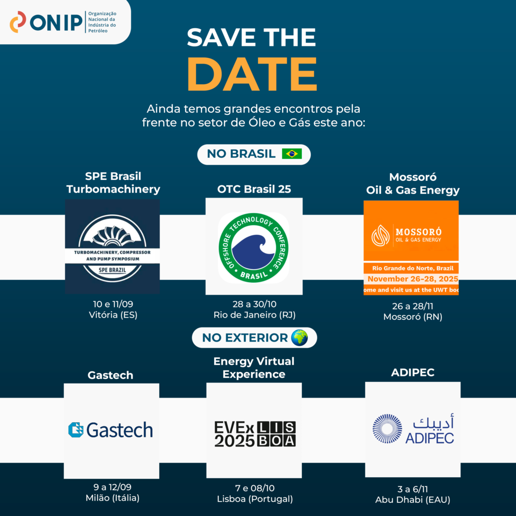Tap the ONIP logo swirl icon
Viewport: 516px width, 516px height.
point(18,22)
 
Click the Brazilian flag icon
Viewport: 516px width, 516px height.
point(292,154)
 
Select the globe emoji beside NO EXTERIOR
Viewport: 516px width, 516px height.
point(299,338)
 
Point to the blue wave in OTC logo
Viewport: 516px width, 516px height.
point(253,252)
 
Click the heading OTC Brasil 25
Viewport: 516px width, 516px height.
point(254,189)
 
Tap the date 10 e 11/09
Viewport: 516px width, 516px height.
point(113,304)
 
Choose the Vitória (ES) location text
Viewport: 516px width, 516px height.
point(113,315)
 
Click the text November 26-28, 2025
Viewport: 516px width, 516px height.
point(413,279)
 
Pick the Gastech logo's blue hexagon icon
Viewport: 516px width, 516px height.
point(76,430)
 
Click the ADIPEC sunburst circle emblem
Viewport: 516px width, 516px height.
point(388,429)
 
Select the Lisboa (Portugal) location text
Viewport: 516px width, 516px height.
point(254,499)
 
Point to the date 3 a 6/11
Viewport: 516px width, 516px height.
point(413,489)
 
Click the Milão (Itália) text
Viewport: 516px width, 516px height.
point(112,498)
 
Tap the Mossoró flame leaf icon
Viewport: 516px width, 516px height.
point(380,236)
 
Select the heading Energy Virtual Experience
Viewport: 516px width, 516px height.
point(254,367)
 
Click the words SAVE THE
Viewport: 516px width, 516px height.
point(251,37)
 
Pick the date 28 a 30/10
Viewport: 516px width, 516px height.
point(254,304)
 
